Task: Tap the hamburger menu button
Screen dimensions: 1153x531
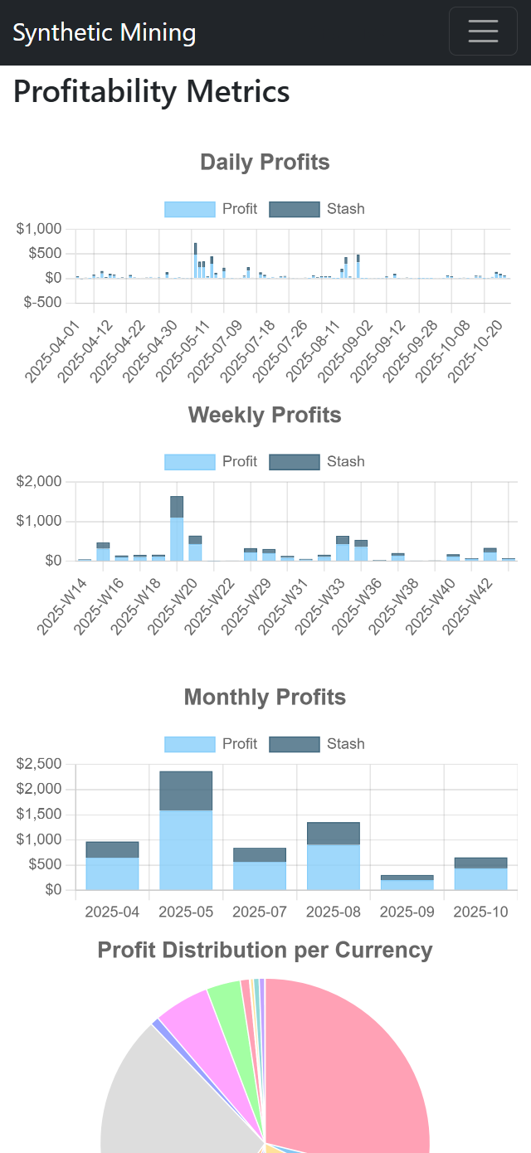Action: (x=483, y=31)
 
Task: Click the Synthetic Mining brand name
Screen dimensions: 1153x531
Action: (x=105, y=32)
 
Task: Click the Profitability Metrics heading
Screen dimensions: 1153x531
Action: (x=152, y=91)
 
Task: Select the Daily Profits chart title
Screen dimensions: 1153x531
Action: (x=265, y=162)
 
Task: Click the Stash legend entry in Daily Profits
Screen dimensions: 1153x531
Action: (x=317, y=208)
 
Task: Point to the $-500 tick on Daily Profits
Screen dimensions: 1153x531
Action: (x=40, y=302)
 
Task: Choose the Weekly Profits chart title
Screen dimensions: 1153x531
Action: (x=265, y=415)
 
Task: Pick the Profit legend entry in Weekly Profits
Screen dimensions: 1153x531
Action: (x=211, y=461)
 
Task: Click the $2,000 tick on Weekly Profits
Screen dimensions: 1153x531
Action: (x=39, y=482)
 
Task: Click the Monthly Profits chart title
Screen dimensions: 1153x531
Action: (x=265, y=697)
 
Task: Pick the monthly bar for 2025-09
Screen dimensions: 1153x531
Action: (x=407, y=883)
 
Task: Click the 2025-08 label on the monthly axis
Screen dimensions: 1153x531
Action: (x=334, y=912)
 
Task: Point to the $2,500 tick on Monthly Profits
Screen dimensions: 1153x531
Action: (x=39, y=764)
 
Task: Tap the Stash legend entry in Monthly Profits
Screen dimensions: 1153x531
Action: (x=317, y=743)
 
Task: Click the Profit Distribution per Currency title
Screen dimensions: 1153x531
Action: (x=265, y=951)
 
